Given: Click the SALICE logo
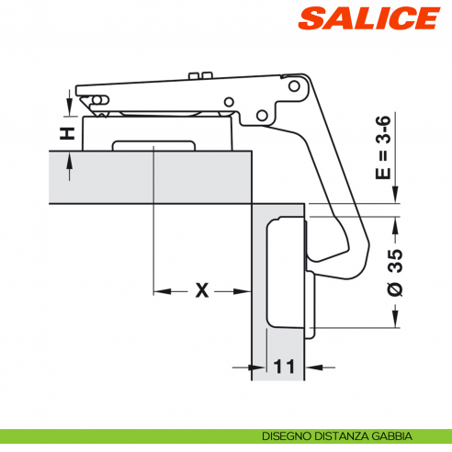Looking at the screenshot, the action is [369, 18].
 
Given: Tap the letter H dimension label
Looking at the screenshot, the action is [67, 133].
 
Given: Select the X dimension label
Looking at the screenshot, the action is [202, 290].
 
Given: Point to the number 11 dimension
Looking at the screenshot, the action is [284, 367].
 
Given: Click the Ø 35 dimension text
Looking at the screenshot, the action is [395, 273].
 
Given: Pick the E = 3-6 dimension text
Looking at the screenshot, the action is [383, 147].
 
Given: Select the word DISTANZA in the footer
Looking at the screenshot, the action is [342, 435].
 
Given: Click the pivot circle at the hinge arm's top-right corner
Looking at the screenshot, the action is [294, 86].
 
